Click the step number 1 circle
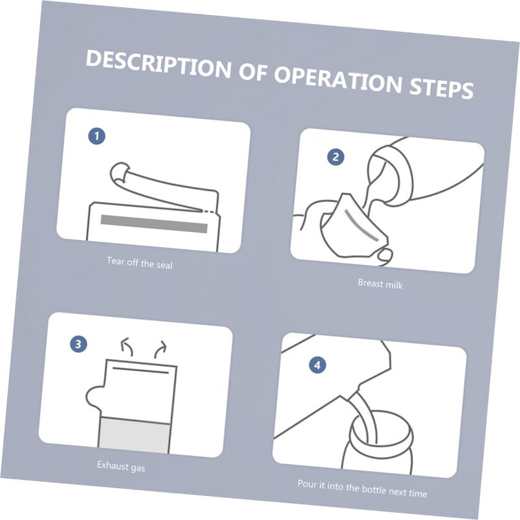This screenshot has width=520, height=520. click(97, 136)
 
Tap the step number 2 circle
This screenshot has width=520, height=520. click(335, 157)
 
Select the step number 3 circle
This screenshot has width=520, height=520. click(79, 344)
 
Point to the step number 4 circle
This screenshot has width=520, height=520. click(317, 365)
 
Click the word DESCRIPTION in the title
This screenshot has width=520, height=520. click(159, 65)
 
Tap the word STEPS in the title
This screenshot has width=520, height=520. click(441, 88)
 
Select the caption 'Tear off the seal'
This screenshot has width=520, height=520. click(140, 263)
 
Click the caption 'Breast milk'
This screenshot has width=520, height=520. click(380, 284)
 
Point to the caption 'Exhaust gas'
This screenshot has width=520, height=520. click(121, 466)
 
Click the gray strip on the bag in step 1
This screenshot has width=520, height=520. click(154, 224)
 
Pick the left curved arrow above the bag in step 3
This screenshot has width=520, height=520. click(126, 346)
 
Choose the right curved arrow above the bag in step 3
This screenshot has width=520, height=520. click(161, 349)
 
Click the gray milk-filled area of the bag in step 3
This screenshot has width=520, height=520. click(135, 435)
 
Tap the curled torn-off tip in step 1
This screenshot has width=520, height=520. click(120, 172)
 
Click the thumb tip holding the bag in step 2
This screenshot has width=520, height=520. click(385, 255)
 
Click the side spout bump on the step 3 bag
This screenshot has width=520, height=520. click(94, 396)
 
